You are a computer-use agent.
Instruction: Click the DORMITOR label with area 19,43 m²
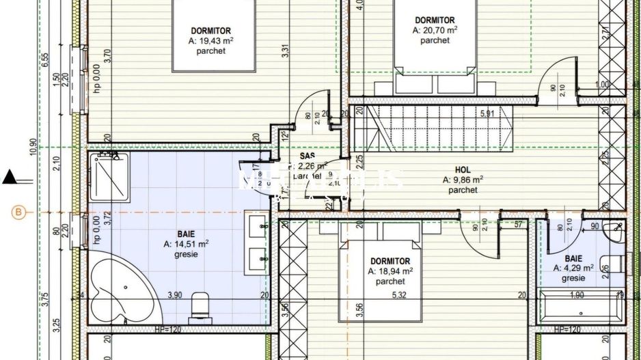(211, 31)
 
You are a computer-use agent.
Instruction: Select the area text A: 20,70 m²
(435, 30)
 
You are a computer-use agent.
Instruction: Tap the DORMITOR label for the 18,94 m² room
(390, 261)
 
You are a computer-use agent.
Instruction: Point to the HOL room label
(463, 169)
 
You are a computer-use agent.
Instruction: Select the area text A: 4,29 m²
(573, 268)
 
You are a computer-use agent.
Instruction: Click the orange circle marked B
(18, 212)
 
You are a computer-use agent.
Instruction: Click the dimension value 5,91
(487, 113)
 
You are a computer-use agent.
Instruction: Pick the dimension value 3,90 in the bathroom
(176, 295)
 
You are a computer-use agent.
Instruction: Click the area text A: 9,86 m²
(463, 180)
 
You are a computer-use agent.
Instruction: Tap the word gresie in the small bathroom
(573, 278)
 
